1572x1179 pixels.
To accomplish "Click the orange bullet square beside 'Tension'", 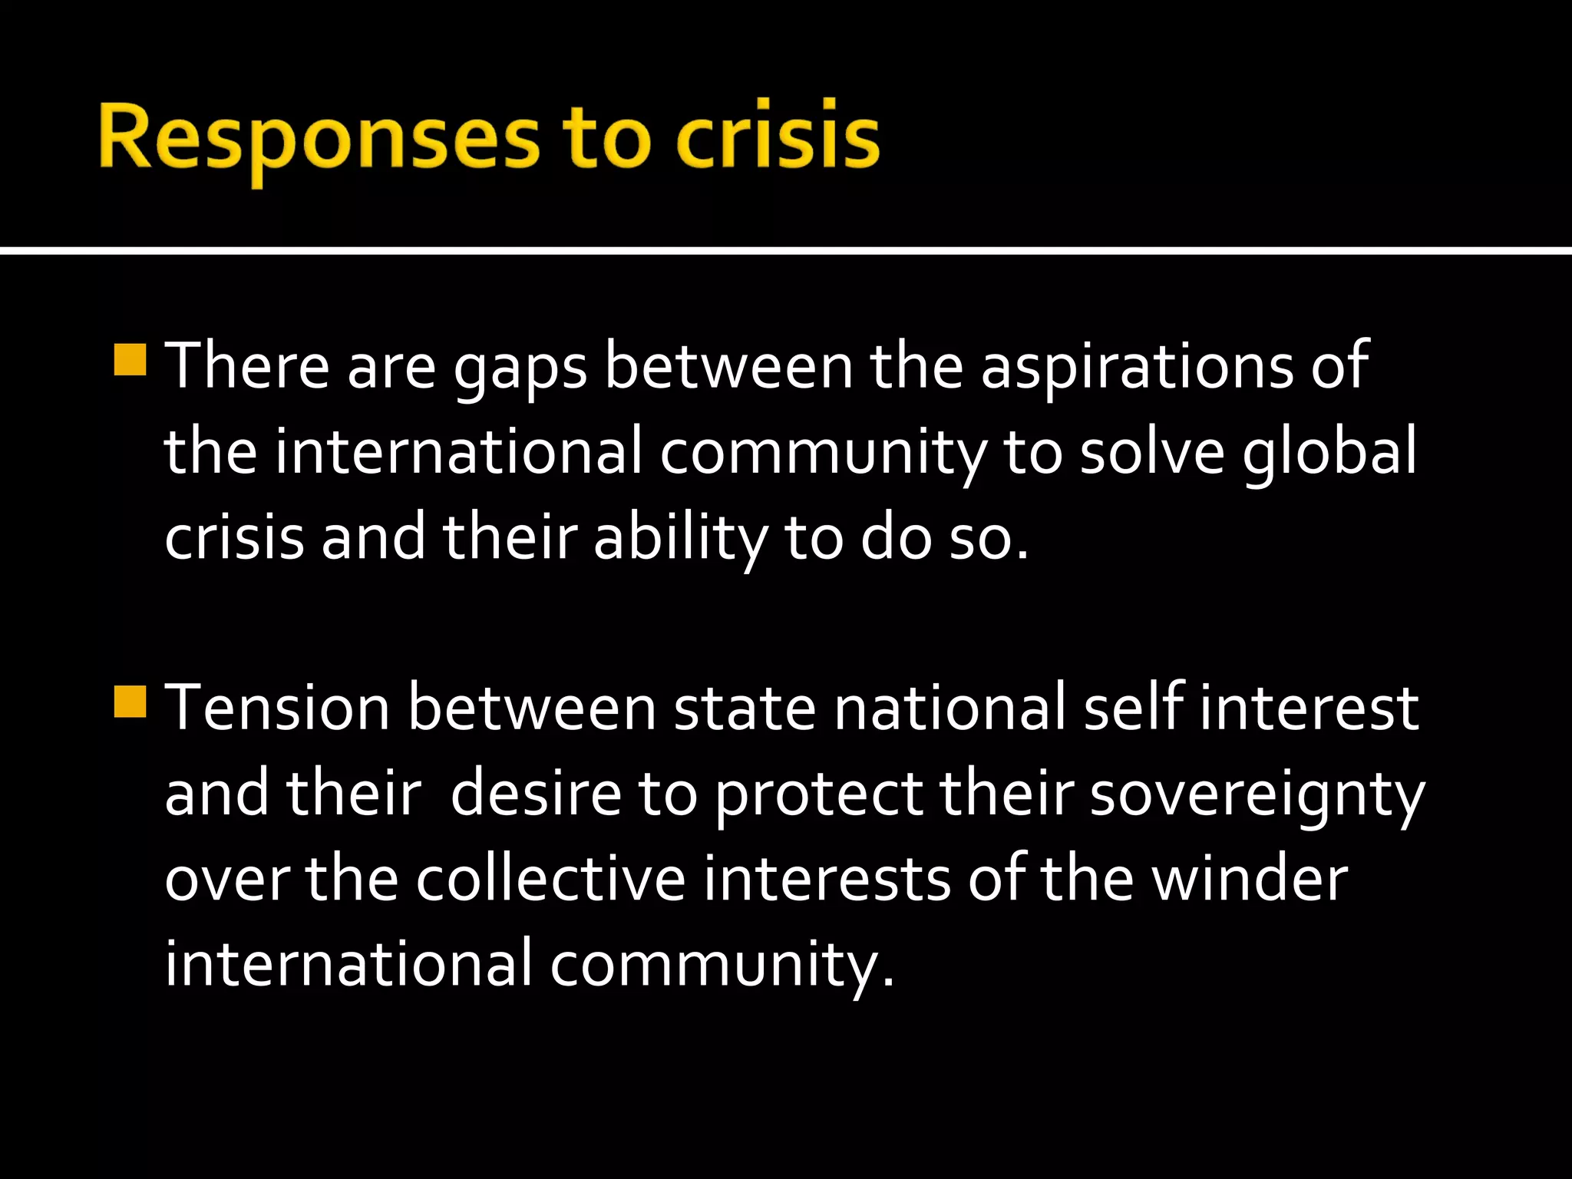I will (130, 702).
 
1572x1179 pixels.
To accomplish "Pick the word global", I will (1329, 451).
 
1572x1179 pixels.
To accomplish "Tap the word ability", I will (680, 537).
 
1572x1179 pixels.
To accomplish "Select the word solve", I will (1151, 451).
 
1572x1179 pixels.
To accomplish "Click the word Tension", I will (278, 708).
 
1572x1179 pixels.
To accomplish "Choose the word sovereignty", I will (1257, 795).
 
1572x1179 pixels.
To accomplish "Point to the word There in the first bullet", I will (247, 367).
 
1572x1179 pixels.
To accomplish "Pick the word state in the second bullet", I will (744, 708).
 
